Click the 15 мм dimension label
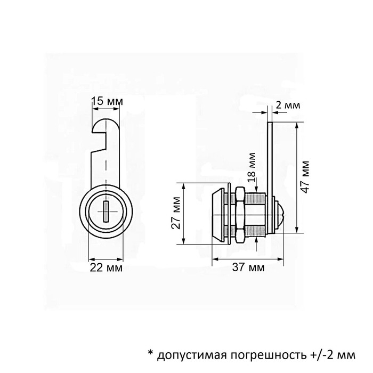point(107,101)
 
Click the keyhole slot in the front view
point(106,212)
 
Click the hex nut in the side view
point(239,213)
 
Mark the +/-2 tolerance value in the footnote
point(318,354)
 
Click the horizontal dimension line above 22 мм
point(106,258)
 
